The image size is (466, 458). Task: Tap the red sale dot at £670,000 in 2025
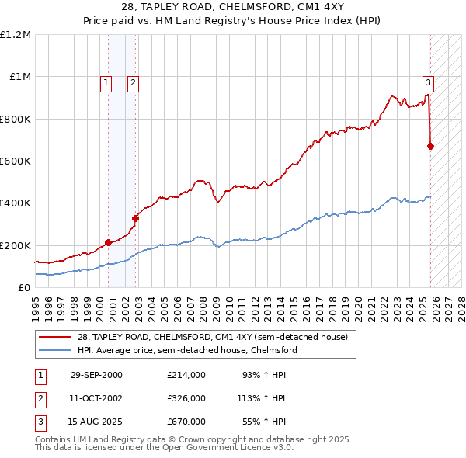pos(431,146)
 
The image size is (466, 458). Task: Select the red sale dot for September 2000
pos(108,242)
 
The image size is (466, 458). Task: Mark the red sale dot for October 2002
pos(135,218)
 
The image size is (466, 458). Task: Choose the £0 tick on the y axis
pos(23,287)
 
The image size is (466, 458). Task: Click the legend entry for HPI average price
pos(186,350)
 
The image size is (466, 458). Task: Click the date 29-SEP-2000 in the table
pos(96,375)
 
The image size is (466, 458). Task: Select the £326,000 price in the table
pos(186,398)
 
